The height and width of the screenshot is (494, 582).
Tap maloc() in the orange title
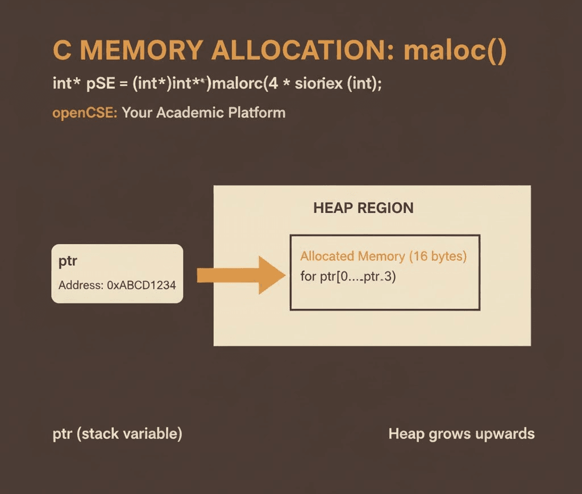454,51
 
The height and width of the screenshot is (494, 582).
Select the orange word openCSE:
85,112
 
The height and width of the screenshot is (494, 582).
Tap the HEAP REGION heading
363,208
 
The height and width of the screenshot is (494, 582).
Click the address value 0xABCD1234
142,285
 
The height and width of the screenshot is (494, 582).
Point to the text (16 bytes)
438,256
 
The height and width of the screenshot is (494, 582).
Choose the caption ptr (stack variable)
117,434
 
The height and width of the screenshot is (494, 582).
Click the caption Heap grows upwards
461,434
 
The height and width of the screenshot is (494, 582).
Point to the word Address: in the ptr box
80,285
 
